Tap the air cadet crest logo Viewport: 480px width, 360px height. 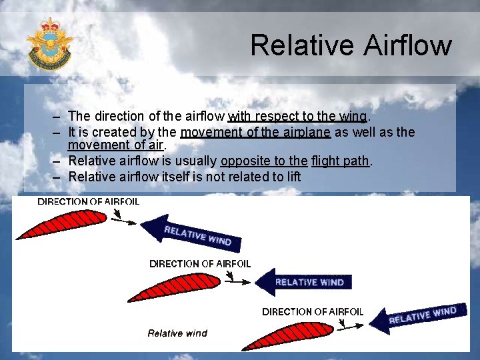(49, 43)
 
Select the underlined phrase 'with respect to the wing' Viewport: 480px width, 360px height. (297, 117)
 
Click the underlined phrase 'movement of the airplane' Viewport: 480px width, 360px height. (255, 132)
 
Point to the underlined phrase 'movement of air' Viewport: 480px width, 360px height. (116, 145)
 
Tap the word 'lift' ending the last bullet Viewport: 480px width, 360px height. (291, 177)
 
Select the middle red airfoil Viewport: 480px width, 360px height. (175, 287)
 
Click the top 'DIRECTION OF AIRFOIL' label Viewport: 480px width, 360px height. (88, 201)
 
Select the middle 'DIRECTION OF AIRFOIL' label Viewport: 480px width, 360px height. (200, 263)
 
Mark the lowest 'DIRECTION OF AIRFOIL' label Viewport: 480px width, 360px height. (313, 311)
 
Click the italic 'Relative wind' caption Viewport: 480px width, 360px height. (177, 333)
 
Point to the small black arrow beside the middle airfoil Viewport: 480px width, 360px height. (237, 281)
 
